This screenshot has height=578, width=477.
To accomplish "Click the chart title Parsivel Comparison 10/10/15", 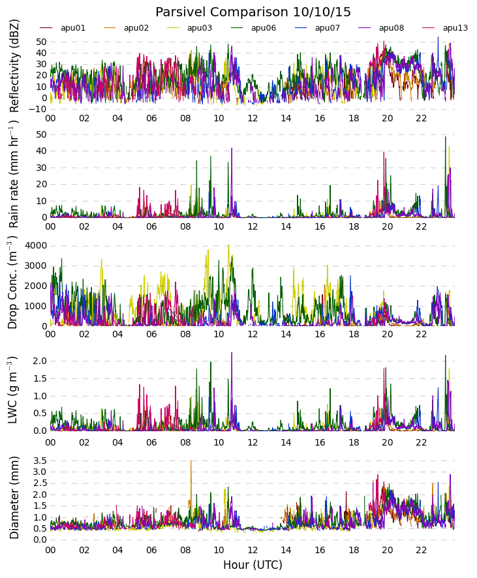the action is coord(253,12).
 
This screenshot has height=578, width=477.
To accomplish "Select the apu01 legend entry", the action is coord(62,28).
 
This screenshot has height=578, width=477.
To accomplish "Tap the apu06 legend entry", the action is coord(253,28).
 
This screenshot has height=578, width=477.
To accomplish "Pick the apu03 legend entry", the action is coord(189,28).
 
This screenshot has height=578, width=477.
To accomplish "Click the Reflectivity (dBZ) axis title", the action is coord(14,67).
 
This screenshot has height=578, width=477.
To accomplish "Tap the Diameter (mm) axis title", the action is coord(14,498).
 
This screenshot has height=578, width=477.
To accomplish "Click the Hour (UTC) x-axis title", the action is coord(253,565).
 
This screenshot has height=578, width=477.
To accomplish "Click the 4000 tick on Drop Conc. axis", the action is coord(35,245).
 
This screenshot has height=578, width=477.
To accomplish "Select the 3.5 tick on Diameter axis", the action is coord(39,461).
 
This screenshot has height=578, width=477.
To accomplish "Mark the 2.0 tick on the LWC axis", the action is coord(39,361).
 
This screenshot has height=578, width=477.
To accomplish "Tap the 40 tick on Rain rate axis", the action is coord(41,151).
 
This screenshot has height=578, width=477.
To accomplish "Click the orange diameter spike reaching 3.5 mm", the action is coord(191,461).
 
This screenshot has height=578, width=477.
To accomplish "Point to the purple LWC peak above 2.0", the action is coord(232,353).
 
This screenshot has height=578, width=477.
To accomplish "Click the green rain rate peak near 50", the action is coord(445,137).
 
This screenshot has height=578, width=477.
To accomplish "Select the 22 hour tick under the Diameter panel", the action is coord(421,550).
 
